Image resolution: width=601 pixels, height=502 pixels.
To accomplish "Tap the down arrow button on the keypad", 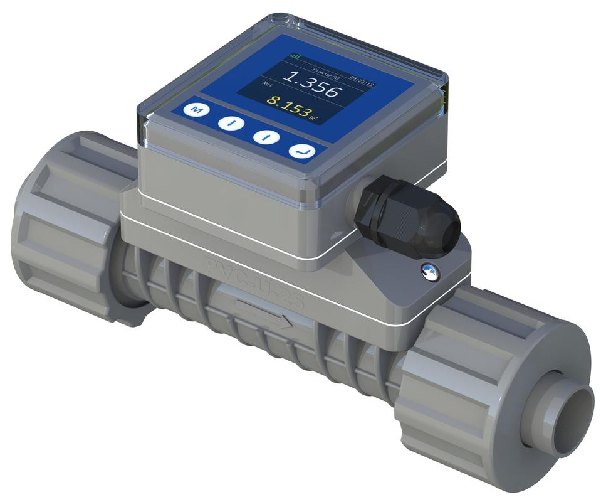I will (x=231, y=122).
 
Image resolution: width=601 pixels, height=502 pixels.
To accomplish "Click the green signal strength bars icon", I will (x=294, y=56).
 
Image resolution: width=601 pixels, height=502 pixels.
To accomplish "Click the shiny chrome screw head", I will (x=430, y=271).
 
